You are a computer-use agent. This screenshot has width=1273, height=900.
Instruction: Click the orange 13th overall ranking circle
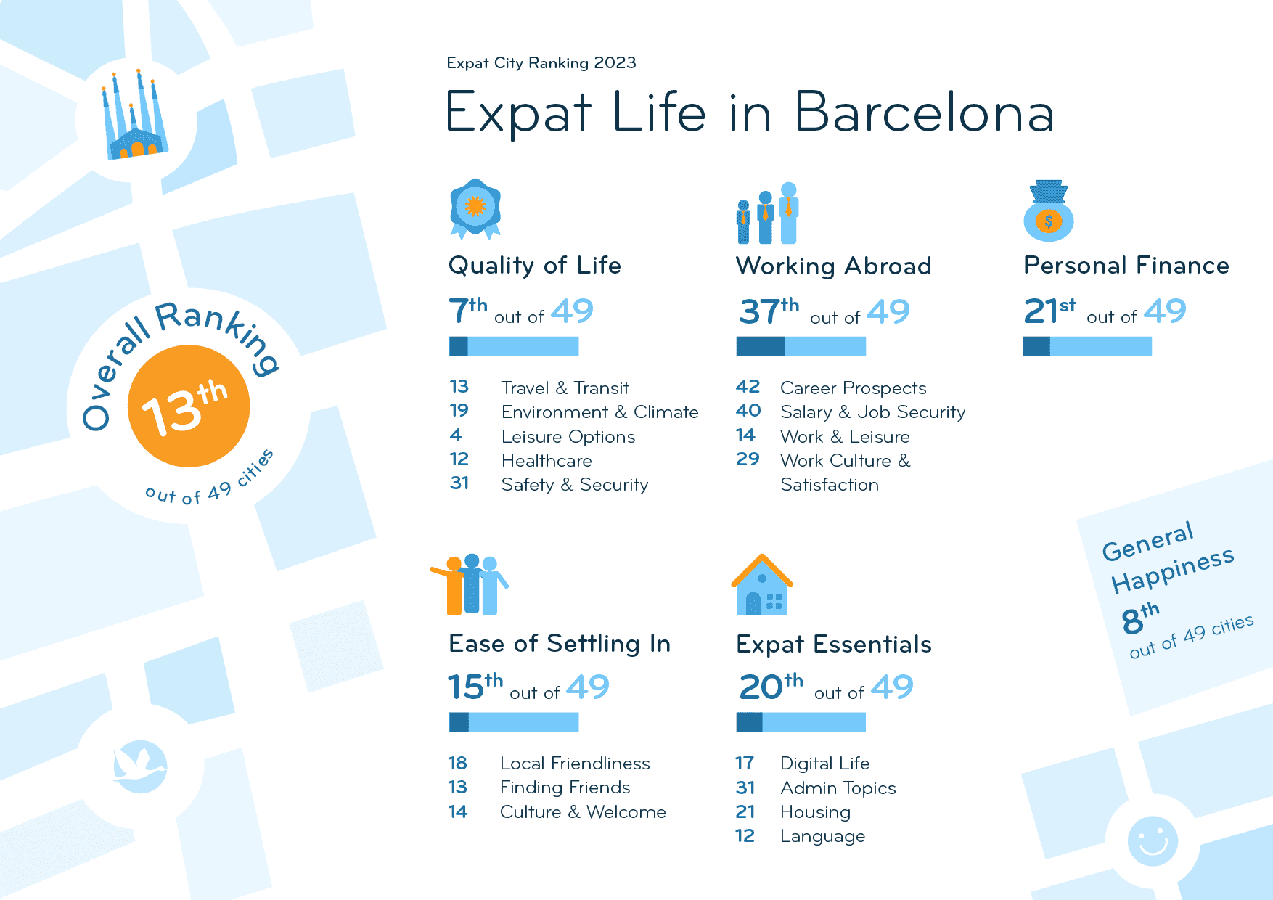point(189,406)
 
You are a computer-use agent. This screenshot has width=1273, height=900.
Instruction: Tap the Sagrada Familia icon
point(135,116)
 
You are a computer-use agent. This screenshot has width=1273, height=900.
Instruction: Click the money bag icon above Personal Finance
point(1048,211)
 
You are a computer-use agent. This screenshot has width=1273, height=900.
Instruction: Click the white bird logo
point(140,766)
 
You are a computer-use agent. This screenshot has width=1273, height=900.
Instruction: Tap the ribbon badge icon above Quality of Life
point(475,208)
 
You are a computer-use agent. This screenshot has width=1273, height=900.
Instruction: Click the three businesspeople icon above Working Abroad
point(768,213)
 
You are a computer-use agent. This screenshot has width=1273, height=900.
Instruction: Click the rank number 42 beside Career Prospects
point(748,387)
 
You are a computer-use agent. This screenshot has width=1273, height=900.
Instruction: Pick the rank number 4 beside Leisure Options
point(456,435)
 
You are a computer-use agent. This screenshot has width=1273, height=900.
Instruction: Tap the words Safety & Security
point(575,485)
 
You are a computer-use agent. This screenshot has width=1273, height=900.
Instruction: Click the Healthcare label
point(547,461)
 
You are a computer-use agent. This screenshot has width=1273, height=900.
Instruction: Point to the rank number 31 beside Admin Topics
point(745,788)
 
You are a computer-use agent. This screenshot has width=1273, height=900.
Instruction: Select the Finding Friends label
point(565,787)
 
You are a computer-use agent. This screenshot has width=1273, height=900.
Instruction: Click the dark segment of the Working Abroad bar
point(760,347)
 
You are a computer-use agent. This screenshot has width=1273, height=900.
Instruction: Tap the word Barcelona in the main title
point(924,112)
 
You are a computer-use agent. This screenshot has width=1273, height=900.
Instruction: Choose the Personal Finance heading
point(1126,266)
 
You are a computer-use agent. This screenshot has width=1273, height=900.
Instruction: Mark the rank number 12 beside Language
point(745,836)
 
